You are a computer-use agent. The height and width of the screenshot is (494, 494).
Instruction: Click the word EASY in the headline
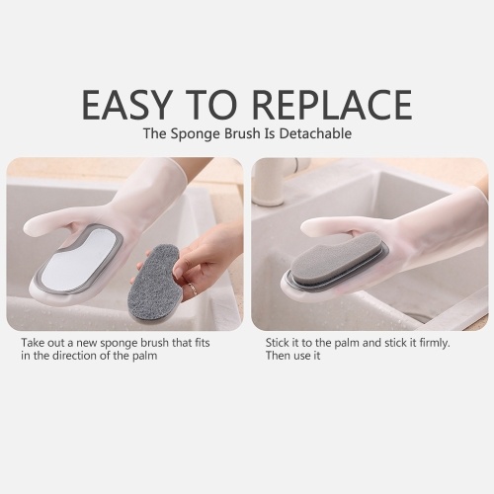click(x=127, y=104)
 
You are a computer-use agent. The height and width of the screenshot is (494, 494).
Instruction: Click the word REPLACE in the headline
click(x=333, y=104)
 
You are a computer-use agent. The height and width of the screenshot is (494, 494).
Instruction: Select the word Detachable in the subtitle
click(x=315, y=133)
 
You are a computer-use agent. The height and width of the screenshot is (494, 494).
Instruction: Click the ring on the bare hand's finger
click(x=194, y=289)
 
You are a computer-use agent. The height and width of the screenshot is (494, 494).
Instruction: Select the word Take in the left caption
click(x=32, y=343)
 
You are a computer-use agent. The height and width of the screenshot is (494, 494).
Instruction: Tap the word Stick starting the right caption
click(x=277, y=343)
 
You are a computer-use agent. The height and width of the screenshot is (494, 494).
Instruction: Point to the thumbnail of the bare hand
click(x=180, y=272)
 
